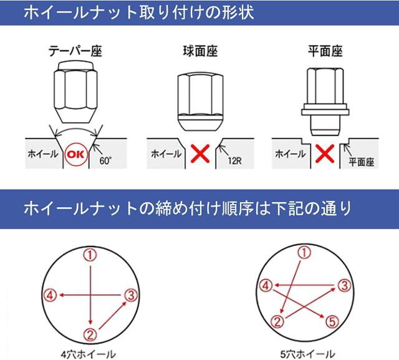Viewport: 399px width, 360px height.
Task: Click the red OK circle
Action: click(76, 154)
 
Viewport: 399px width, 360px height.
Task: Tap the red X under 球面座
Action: click(200, 153)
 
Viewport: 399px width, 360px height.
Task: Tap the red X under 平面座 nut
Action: click(325, 153)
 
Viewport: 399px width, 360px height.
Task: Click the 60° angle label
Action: click(105, 161)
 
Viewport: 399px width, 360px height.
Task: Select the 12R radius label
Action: click(234, 161)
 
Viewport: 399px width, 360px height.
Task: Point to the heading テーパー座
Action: click(75, 51)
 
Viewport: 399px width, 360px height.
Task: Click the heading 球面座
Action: click(200, 51)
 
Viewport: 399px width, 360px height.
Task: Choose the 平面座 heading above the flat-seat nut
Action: click(325, 51)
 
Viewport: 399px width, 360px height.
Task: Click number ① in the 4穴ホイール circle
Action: click(90, 255)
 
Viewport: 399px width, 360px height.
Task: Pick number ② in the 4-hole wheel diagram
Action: click(90, 334)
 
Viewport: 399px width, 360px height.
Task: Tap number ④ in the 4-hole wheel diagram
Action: click(50, 295)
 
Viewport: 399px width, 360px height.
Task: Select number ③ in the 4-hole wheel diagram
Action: click(131, 295)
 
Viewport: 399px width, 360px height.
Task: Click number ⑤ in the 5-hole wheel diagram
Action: click(332, 322)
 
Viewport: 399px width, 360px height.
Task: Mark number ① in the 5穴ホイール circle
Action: click(304, 253)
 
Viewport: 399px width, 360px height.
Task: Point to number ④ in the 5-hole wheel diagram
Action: click(266, 286)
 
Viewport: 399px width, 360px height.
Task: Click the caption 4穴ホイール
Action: click(88, 354)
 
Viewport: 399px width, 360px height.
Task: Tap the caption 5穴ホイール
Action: click(307, 354)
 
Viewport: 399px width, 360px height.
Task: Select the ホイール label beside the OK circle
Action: click(43, 154)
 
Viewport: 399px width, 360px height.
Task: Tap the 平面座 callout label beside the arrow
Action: click(362, 162)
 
